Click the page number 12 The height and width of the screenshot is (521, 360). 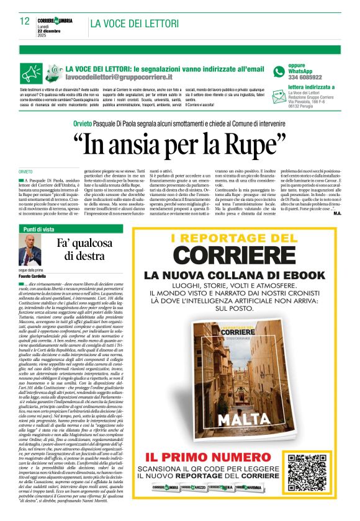click(25, 21)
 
